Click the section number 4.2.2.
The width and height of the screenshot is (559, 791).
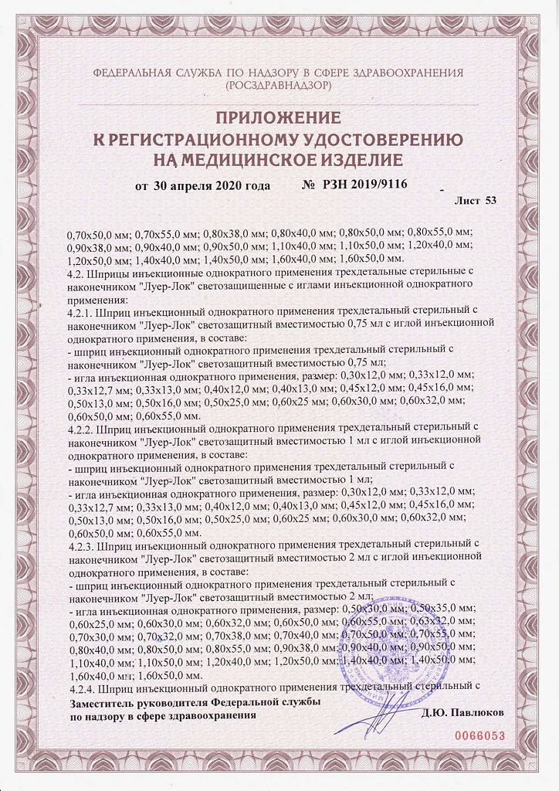(82, 423)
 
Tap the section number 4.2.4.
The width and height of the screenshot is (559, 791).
(82, 687)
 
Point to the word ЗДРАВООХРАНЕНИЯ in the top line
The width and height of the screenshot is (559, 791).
(406, 73)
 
